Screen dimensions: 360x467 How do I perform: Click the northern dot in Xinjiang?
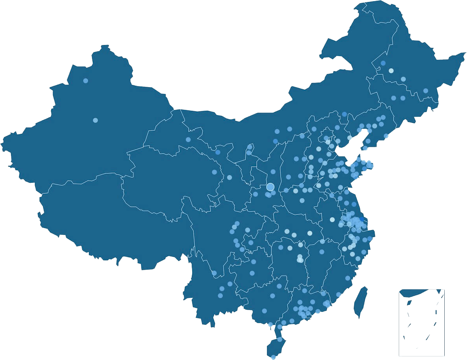[x=85, y=81]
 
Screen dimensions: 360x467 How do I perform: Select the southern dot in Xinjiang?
[x=95, y=120]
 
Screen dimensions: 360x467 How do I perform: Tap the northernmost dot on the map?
[x=383, y=63]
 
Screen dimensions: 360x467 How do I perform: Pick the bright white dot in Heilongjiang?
[x=391, y=71]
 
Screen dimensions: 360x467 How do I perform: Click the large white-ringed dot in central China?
[x=270, y=187]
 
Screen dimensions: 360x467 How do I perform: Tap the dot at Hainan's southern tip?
[x=273, y=356]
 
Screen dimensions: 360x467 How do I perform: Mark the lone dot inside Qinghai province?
[x=214, y=172]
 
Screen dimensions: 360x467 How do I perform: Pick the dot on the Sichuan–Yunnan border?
[x=214, y=273]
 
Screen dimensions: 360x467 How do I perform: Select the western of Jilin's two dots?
[x=393, y=98]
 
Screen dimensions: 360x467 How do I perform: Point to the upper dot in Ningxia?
[x=249, y=147]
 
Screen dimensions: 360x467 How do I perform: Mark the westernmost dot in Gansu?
[x=188, y=139]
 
